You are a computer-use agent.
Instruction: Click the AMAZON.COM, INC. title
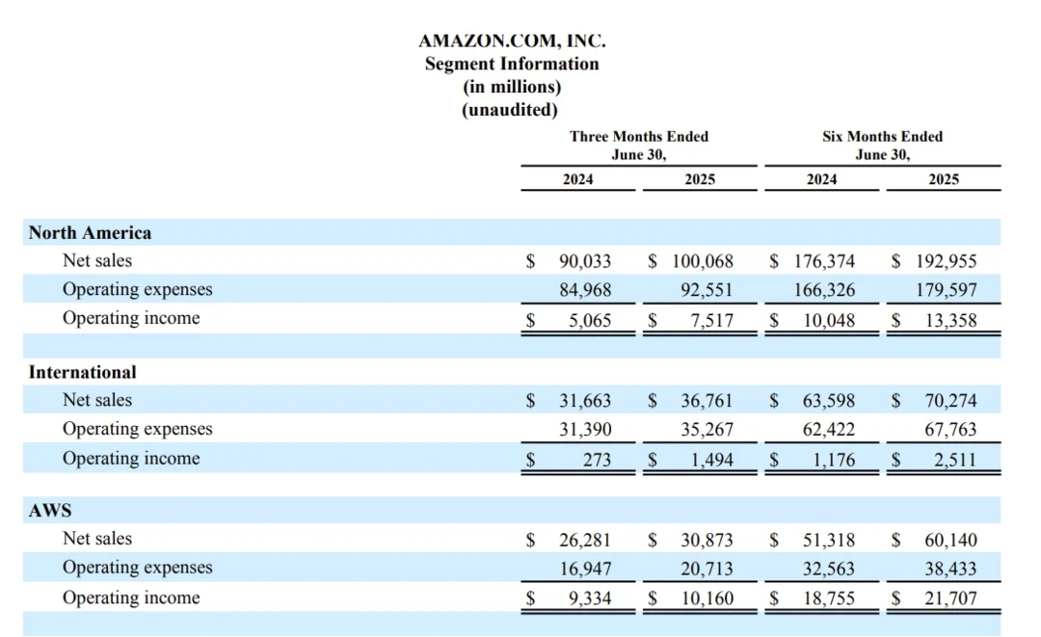[x=512, y=41]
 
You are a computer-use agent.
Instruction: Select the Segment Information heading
[x=512, y=65]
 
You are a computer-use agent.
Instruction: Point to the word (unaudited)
[x=512, y=110]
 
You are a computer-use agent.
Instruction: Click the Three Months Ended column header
[x=638, y=137]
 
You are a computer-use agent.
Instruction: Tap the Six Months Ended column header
[x=882, y=137]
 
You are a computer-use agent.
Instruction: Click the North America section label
[x=90, y=233]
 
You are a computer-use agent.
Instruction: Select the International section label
[x=83, y=372]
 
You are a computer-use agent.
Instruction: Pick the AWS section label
[x=50, y=511]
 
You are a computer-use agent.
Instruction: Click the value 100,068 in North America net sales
[x=703, y=261]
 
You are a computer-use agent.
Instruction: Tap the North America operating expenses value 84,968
[x=585, y=290]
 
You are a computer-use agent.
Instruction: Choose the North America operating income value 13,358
[x=950, y=320]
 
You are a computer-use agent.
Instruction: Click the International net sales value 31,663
[x=585, y=401]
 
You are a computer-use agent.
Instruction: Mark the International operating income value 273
[x=597, y=460]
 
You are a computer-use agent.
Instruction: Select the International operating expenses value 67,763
[x=950, y=430]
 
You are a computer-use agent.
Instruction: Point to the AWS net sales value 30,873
[x=707, y=541]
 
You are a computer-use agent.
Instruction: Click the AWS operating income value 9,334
[x=589, y=598]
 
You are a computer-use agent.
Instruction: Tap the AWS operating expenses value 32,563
[x=828, y=570]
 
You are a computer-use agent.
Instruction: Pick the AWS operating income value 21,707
[x=950, y=598]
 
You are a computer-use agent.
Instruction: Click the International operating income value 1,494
[x=711, y=460]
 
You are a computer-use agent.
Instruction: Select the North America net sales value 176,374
[x=824, y=261]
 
